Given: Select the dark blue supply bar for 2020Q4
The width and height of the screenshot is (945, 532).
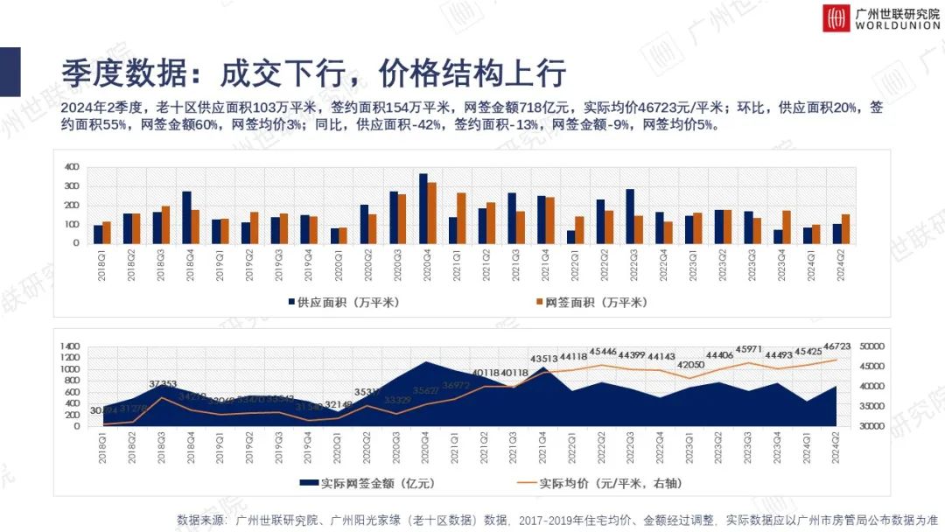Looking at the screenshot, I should tap(423, 208).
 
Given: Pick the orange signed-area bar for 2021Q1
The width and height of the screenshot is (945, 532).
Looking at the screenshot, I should tap(462, 218).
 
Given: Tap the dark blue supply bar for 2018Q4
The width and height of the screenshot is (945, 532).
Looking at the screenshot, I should tap(186, 217).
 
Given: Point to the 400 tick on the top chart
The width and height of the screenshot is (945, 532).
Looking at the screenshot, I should tap(72, 166).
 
